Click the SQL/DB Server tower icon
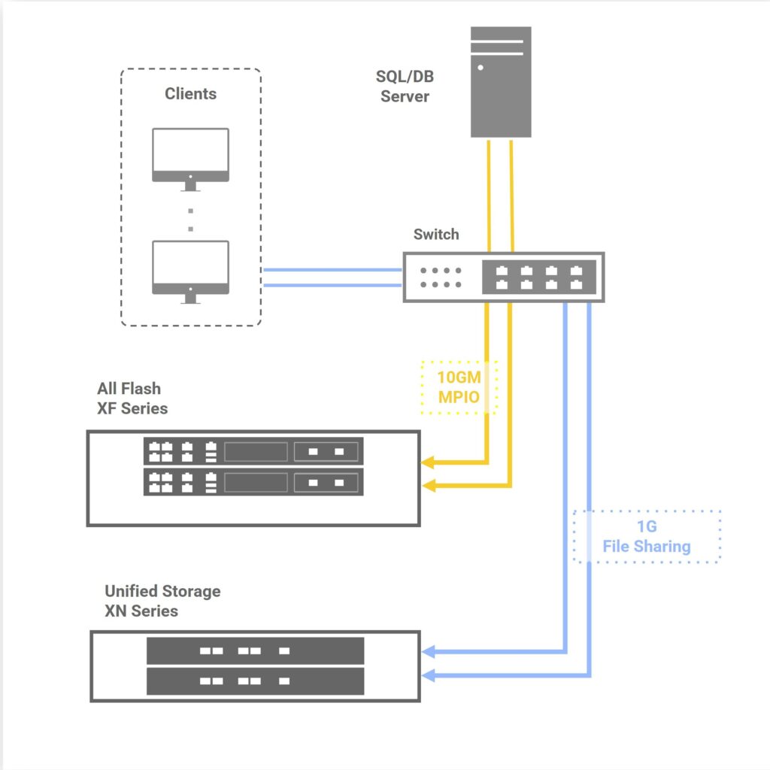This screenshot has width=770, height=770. tap(501, 82)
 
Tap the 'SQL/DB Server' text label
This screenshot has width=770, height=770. tap(405, 86)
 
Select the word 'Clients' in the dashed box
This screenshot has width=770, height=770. tap(190, 94)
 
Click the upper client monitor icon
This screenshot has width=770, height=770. tap(190, 156)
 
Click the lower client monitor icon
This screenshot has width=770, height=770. tap(190, 269)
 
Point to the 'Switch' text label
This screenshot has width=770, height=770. tap(436, 234)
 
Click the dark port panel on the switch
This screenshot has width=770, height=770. tap(539, 277)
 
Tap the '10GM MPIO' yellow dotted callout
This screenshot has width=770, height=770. tap(459, 386)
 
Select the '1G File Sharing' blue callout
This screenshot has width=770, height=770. tap(647, 537)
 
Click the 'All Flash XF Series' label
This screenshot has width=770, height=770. tap(132, 399)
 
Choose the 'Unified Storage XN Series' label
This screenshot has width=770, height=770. tap(162, 601)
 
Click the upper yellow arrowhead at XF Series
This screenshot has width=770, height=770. tap(429, 462)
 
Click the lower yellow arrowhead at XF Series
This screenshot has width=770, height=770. tap(429, 487)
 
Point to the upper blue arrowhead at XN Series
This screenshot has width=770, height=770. tap(429, 651)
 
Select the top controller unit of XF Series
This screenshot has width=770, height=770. tap(253, 452)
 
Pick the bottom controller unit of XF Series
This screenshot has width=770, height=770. tap(253, 482)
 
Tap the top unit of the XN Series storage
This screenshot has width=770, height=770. tap(255, 651)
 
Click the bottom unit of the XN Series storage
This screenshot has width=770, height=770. tap(255, 681)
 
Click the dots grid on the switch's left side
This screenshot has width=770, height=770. tap(441, 277)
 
